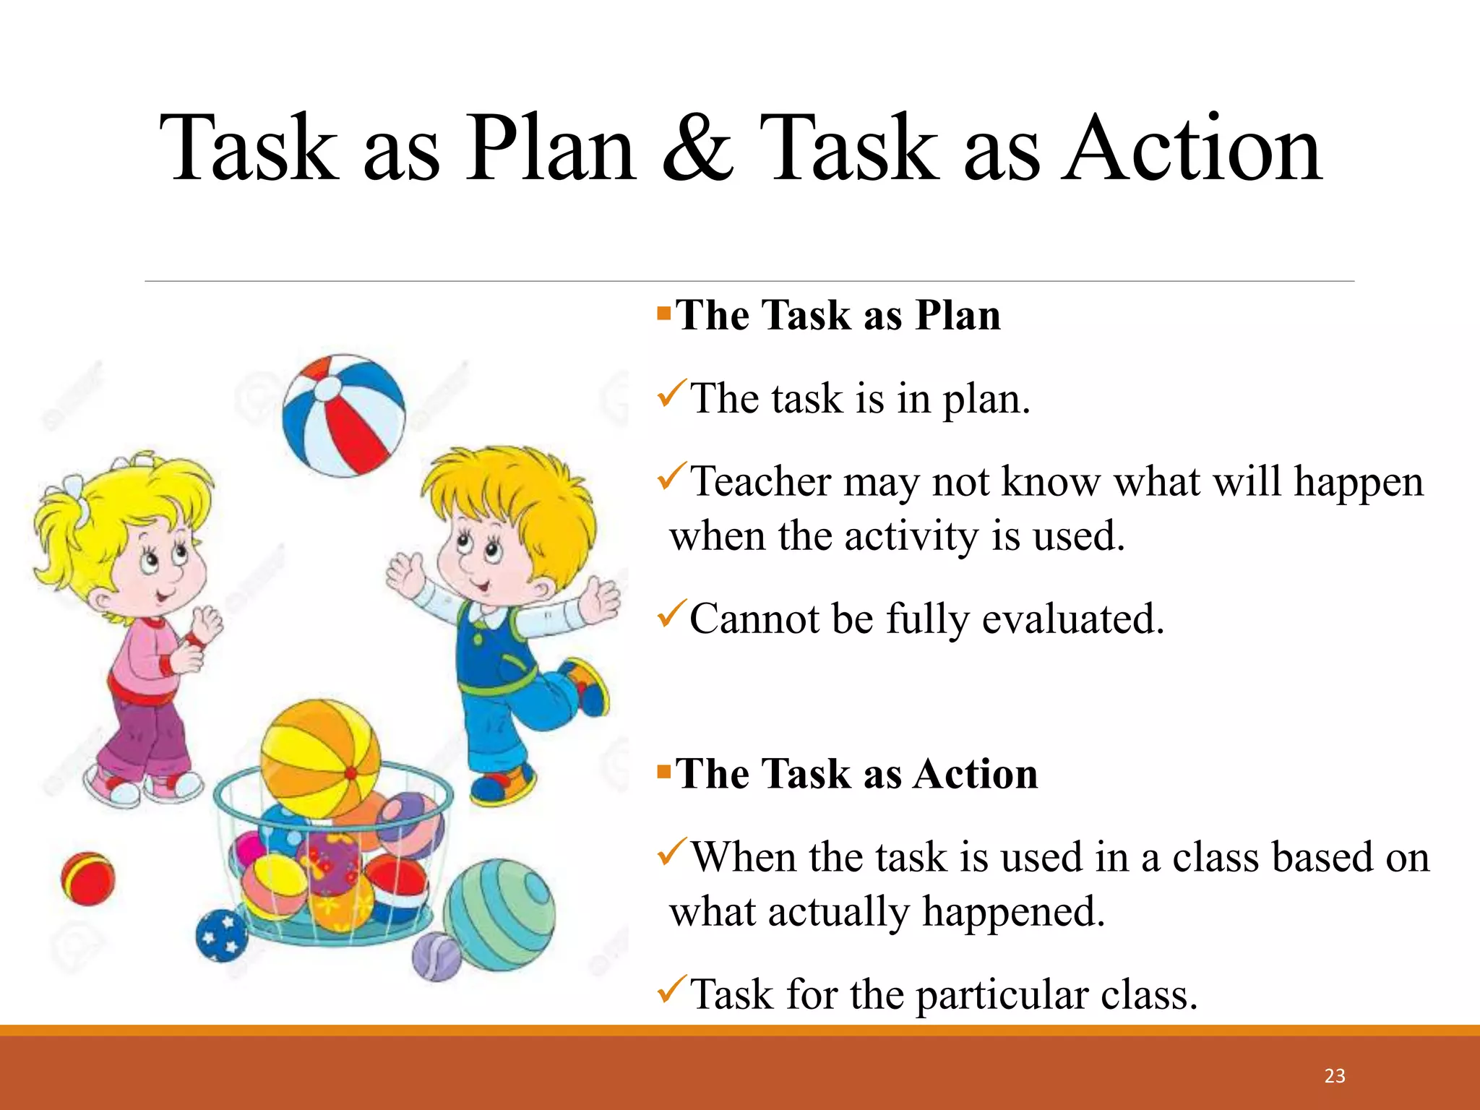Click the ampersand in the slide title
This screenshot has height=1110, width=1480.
pyautogui.click(x=697, y=148)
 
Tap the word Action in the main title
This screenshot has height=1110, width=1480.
pyautogui.click(x=1192, y=148)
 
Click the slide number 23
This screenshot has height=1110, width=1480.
pyautogui.click(x=1335, y=1076)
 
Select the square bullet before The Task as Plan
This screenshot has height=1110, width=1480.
pyautogui.click(x=664, y=314)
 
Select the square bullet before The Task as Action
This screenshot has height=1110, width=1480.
pyautogui.click(x=664, y=773)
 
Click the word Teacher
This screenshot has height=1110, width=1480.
pyautogui.click(x=761, y=481)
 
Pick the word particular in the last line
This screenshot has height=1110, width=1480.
pyautogui.click(x=1003, y=994)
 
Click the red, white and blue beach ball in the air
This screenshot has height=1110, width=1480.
pyautogui.click(x=344, y=416)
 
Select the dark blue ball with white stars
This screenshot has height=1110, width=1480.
pyautogui.click(x=222, y=936)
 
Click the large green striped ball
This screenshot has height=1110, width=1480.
pyautogui.click(x=500, y=914)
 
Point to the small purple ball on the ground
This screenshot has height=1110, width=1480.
pyautogui.click(x=436, y=956)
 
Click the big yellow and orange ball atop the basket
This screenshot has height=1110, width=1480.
pyautogui.click(x=319, y=759)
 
